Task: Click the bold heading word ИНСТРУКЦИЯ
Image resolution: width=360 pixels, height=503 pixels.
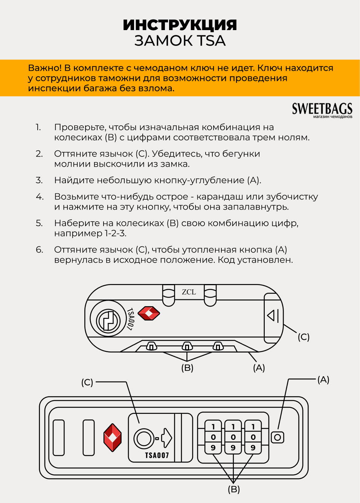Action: (180, 25)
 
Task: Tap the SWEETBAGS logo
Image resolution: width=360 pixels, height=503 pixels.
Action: (322, 109)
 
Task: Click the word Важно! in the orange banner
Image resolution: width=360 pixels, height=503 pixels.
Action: (44, 68)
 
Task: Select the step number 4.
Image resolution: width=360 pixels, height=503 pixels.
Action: (40, 197)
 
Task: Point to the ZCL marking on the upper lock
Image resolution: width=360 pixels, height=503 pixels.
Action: (189, 292)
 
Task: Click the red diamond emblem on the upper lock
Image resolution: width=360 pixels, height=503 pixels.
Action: (149, 313)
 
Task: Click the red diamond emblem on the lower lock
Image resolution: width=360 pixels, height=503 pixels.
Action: (113, 437)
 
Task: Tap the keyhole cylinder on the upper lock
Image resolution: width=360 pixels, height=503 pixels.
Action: (108, 321)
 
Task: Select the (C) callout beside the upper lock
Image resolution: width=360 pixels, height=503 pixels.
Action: (304, 337)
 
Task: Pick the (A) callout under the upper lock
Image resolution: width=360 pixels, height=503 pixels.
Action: (259, 368)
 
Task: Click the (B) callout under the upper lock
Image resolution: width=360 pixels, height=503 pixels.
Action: (187, 368)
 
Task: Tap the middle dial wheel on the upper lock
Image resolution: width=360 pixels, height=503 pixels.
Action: (187, 346)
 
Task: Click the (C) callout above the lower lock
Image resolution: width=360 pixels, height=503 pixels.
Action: (87, 382)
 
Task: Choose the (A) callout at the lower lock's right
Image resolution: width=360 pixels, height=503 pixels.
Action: (323, 380)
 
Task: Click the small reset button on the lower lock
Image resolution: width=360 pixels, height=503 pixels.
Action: (278, 437)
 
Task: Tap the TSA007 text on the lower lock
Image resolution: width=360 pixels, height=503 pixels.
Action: (157, 455)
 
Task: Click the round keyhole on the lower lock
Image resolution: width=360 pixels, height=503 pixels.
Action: (143, 438)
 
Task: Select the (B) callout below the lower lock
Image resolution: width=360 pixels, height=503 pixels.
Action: (233, 489)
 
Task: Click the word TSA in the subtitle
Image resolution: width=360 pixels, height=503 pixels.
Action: (211, 41)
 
